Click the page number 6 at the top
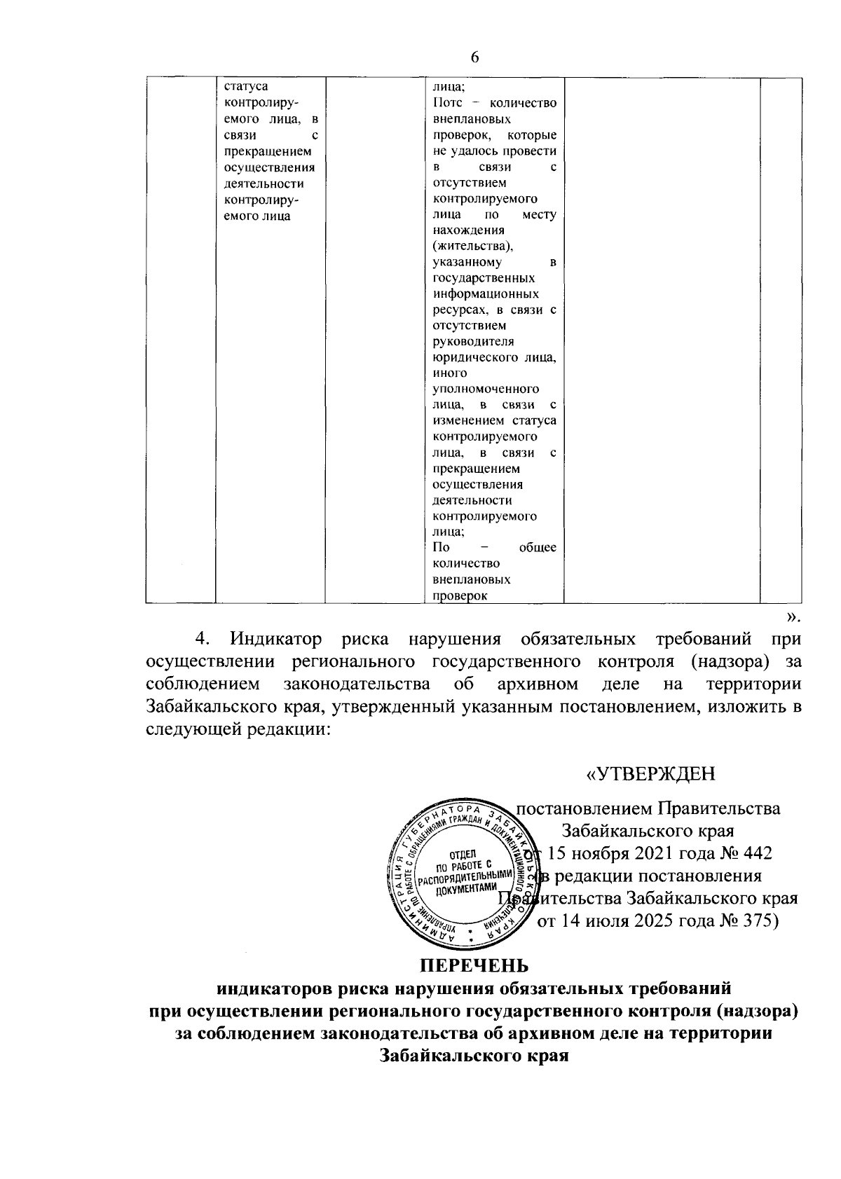tap(474, 57)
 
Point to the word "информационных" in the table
tap(486, 294)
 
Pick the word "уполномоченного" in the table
tap(486, 389)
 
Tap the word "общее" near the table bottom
tap(538, 547)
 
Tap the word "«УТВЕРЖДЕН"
tap(650, 774)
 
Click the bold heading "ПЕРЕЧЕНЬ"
tap(474, 966)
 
